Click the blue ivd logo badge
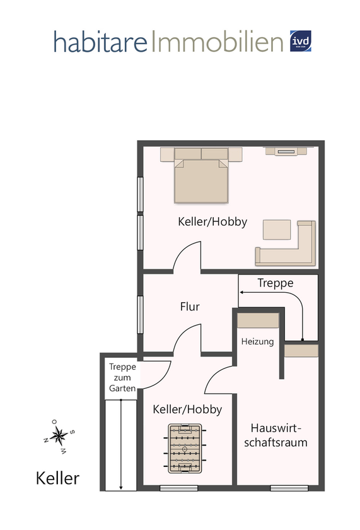[300, 41]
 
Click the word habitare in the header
[100, 42]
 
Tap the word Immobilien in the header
[216, 41]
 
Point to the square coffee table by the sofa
[277, 230]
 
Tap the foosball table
[185, 449]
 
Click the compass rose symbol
[59, 437]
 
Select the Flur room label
[189, 307]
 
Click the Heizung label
[257, 341]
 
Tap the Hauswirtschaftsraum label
[276, 435]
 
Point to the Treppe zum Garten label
[122, 377]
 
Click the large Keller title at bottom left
[57, 478]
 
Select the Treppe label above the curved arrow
[276, 283]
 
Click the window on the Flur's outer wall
[140, 315]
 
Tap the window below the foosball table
[178, 488]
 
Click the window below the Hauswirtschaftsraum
[289, 488]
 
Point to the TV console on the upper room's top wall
[286, 151]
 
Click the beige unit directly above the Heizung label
[258, 321]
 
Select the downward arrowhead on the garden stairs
[121, 487]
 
